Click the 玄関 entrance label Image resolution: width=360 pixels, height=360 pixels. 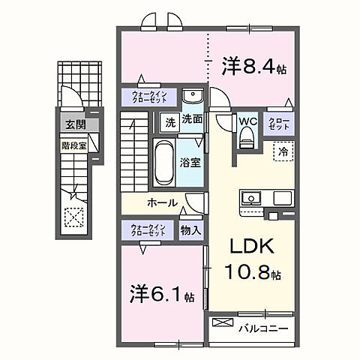[73, 125]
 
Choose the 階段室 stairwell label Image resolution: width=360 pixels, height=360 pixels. [73, 146]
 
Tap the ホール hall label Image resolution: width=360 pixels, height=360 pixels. [162, 203]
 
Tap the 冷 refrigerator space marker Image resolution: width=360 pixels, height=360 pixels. [283, 151]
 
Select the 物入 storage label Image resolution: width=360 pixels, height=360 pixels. [190, 231]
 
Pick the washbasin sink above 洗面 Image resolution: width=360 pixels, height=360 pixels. [192, 97]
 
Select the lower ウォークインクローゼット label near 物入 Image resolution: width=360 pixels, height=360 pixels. [148, 231]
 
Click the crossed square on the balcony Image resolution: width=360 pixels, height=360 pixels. [223, 325]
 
